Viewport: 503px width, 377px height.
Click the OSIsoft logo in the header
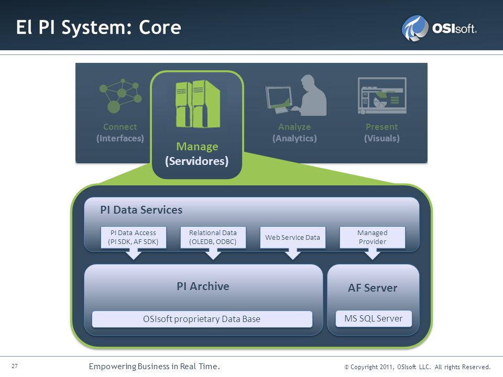tap(439, 28)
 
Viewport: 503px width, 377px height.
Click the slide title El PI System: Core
tap(99, 27)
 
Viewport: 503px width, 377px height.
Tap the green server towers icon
tap(198, 104)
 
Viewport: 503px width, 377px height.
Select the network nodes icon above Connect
tap(121, 96)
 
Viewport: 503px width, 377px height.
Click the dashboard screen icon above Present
tap(382, 95)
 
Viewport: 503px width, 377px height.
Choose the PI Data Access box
tap(134, 237)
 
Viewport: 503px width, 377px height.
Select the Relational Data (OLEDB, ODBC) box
tap(213, 237)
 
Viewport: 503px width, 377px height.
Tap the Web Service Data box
tap(292, 237)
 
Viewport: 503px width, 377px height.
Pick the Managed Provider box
tap(373, 237)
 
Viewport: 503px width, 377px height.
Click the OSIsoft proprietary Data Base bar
tap(202, 319)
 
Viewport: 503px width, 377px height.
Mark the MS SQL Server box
tap(374, 318)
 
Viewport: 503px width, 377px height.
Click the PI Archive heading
tap(203, 286)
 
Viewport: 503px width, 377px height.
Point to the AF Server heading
tap(373, 288)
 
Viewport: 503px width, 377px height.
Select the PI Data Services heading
tap(141, 209)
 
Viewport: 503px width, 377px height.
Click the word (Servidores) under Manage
tap(197, 161)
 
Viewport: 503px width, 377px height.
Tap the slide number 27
tap(15, 366)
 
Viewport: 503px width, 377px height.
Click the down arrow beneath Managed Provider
tap(373, 254)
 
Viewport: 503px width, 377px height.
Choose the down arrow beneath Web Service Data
tap(292, 254)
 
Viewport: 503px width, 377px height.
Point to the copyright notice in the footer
tap(418, 367)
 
